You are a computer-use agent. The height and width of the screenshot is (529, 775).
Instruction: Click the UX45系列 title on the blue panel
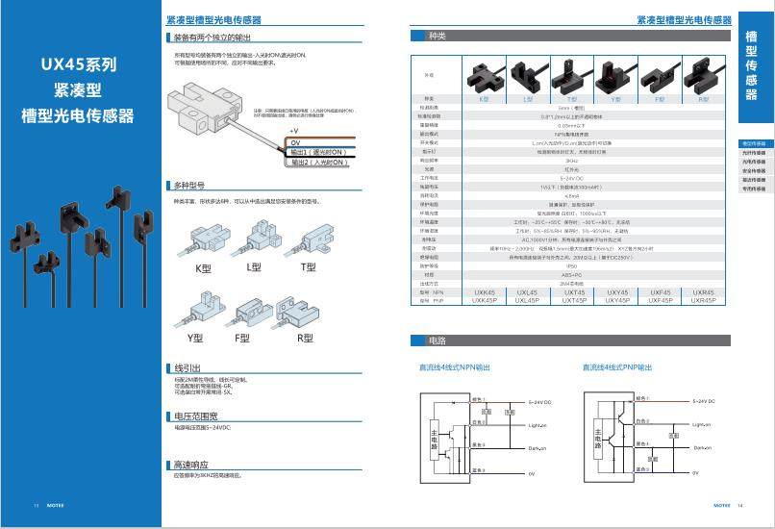(x=80, y=65)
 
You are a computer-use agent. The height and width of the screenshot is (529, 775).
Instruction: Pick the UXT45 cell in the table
(x=573, y=292)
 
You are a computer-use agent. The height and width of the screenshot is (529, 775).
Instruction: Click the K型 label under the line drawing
(x=203, y=268)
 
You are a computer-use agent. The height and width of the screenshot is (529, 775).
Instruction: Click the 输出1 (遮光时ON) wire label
(x=318, y=152)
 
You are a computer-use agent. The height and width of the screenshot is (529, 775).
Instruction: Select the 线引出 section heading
(x=187, y=368)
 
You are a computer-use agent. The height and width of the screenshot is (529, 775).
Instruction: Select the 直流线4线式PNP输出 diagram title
(x=617, y=367)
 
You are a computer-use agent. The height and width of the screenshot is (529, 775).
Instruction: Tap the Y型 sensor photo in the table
(x=615, y=78)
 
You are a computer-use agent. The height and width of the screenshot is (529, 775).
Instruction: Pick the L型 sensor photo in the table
(x=528, y=78)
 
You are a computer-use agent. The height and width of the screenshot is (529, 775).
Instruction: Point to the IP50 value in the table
(x=573, y=265)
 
